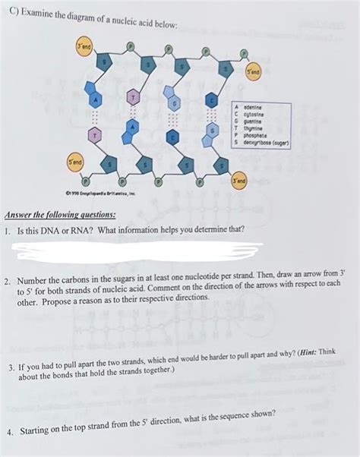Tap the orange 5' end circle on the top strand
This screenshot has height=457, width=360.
253,73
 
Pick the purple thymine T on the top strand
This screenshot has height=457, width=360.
133,98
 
